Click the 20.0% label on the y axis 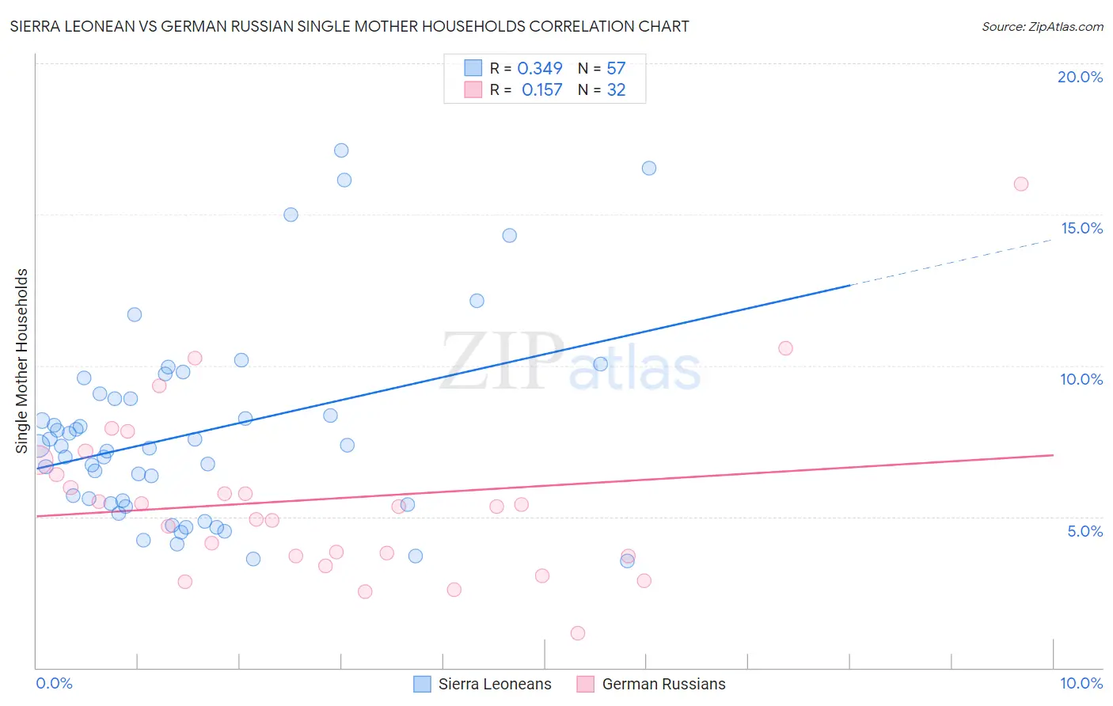[1080, 77]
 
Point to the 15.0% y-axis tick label [1081, 228]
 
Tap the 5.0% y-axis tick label [1085, 531]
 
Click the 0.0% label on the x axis [54, 683]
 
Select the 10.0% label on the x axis [1081, 683]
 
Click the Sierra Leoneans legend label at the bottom [495, 684]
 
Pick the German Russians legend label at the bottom [663, 684]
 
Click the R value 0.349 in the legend [540, 69]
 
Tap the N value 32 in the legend [616, 90]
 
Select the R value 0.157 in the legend [542, 90]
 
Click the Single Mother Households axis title [22, 361]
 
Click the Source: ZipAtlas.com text [1042, 27]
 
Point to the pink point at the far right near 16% [1021, 184]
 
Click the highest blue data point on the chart [341, 150]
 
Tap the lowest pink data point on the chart [578, 633]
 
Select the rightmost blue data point [649, 168]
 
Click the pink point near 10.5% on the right [785, 348]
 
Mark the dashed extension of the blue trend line [950, 262]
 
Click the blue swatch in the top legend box [473, 68]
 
